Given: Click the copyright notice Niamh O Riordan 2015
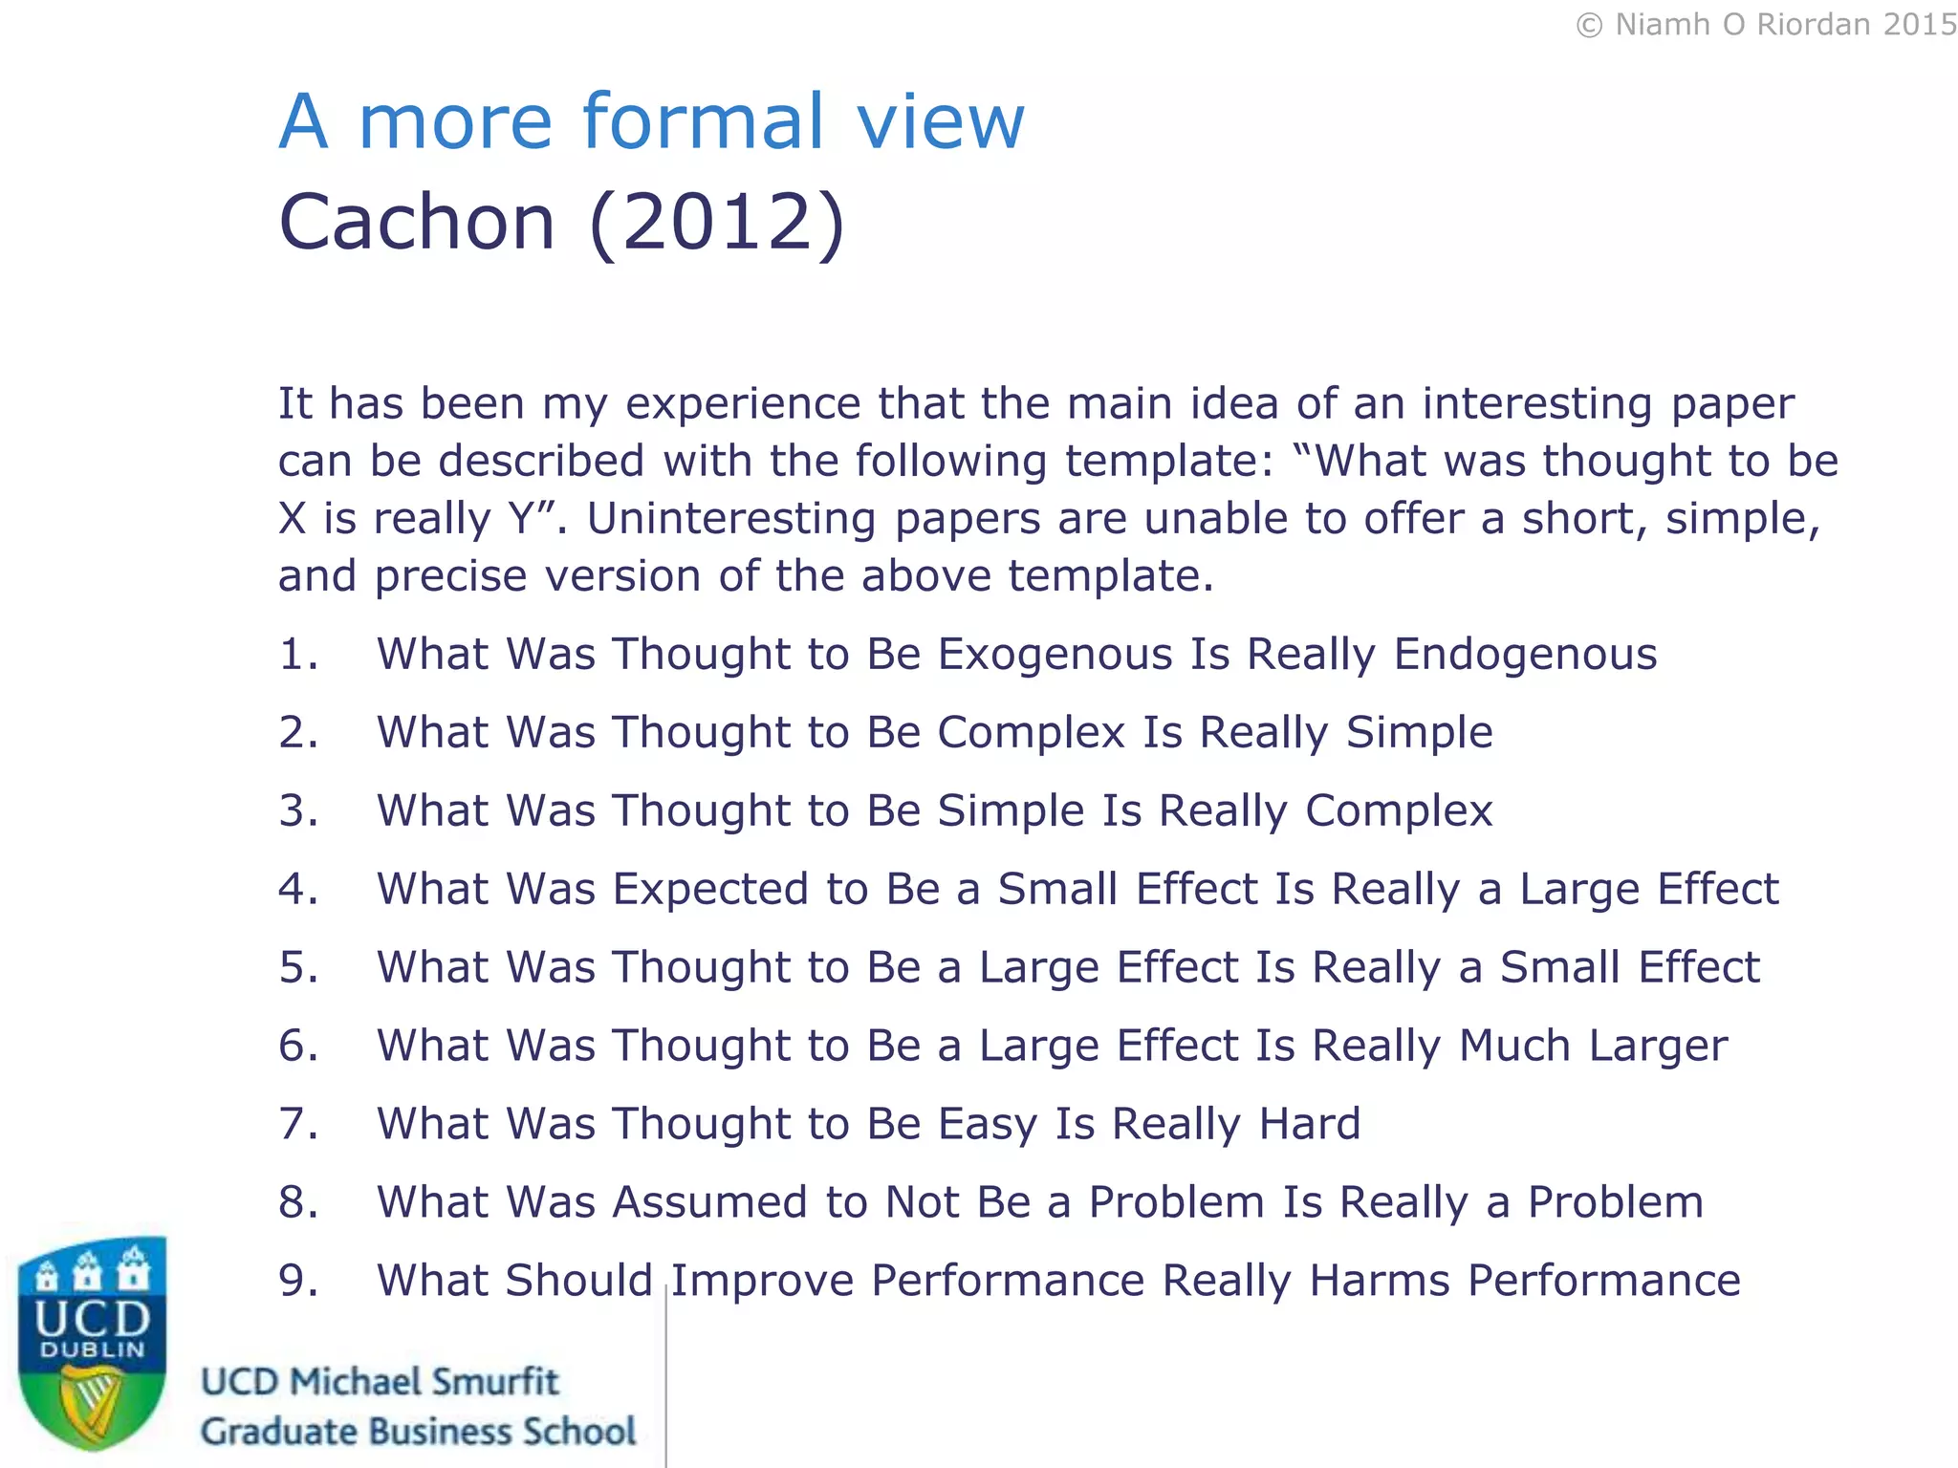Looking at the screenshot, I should [x=1766, y=25].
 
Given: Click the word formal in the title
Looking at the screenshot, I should [x=702, y=121].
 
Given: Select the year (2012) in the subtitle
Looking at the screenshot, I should [x=717, y=222].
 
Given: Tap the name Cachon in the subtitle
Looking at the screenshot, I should [x=417, y=222].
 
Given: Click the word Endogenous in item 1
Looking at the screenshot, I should [x=1525, y=655].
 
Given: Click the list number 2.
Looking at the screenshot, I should [x=296, y=733].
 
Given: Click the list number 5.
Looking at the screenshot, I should [x=296, y=967].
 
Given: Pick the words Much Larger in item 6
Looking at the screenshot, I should [x=1593, y=1046].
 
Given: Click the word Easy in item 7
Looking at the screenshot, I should [x=987, y=1125].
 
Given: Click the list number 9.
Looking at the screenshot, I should [x=296, y=1281].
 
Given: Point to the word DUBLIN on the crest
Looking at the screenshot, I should [x=92, y=1350].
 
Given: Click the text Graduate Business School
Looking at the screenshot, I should [x=418, y=1432].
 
